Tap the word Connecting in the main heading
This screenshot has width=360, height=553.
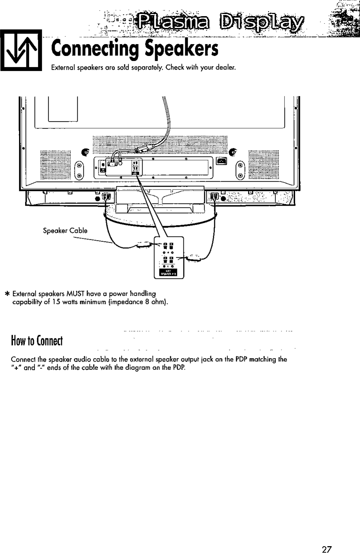pos(95,49)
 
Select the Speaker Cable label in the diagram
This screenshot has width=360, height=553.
pos(65,231)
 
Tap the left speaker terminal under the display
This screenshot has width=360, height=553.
pos(106,197)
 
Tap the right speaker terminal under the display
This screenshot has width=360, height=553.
pos(214,197)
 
